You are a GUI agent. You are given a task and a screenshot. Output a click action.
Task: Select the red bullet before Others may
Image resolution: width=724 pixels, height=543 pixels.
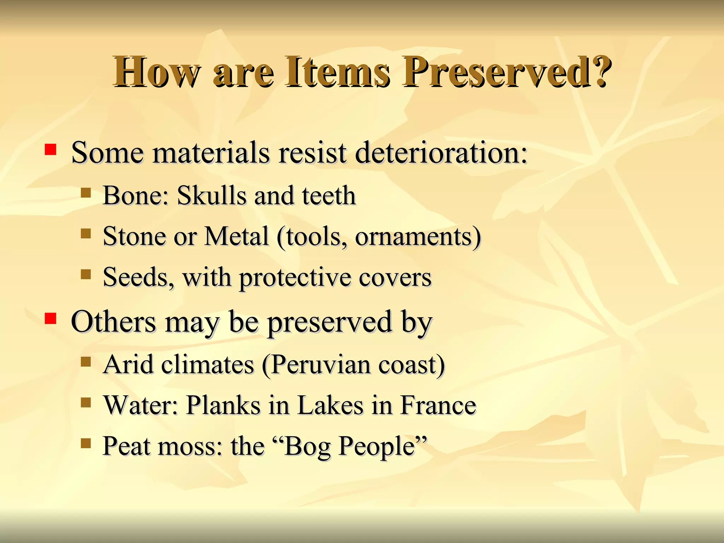pos(51,319)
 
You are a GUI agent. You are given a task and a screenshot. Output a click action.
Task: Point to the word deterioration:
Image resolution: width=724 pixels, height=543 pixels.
pos(441,153)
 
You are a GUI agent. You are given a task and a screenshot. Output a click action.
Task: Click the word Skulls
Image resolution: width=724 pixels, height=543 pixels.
pos(211,195)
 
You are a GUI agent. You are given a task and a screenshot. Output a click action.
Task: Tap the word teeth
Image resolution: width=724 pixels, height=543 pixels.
pos(328,195)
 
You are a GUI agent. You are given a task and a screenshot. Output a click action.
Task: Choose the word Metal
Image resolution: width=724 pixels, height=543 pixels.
pos(237,236)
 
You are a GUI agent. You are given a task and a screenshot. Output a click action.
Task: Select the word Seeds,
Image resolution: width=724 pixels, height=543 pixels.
pos(138,277)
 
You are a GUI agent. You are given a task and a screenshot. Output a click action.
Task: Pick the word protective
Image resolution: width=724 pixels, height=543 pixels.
pos(295,278)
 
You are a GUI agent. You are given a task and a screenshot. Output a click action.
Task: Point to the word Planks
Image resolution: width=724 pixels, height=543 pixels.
pos(223,405)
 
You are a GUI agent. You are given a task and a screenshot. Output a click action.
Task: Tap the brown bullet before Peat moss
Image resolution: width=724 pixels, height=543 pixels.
pos(86,443)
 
